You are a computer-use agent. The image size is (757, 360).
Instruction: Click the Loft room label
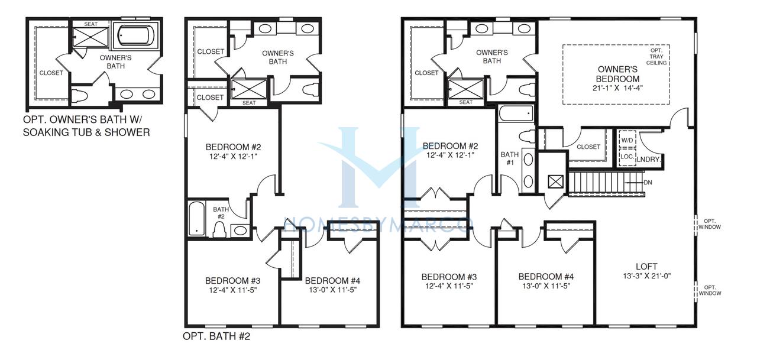point(646,267)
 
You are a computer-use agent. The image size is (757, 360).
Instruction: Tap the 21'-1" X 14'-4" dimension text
point(617,88)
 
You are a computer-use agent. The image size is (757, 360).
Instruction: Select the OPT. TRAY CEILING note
point(656,56)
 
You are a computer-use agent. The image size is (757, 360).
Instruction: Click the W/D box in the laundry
point(627,140)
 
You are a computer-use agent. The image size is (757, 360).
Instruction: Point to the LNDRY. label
point(649,160)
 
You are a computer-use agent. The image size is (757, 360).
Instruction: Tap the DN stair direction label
point(648,182)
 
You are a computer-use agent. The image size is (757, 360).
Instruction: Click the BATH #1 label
point(510,158)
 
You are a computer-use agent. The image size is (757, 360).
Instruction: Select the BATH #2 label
point(221,213)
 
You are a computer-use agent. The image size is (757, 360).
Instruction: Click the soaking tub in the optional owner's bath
point(136,35)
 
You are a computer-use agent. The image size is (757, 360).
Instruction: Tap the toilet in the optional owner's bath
point(80,95)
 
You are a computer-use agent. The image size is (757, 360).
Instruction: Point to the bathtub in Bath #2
point(196,219)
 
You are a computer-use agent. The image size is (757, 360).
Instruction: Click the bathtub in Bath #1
point(516,113)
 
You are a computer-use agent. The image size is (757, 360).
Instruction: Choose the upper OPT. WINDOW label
point(709,224)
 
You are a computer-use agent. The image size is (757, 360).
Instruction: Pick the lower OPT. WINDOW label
point(710,290)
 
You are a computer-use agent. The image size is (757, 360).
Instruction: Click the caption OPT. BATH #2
point(216,336)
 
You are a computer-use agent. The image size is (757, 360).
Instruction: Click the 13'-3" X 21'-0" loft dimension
point(646,276)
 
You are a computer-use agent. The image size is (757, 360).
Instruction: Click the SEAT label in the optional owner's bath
point(90,24)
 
